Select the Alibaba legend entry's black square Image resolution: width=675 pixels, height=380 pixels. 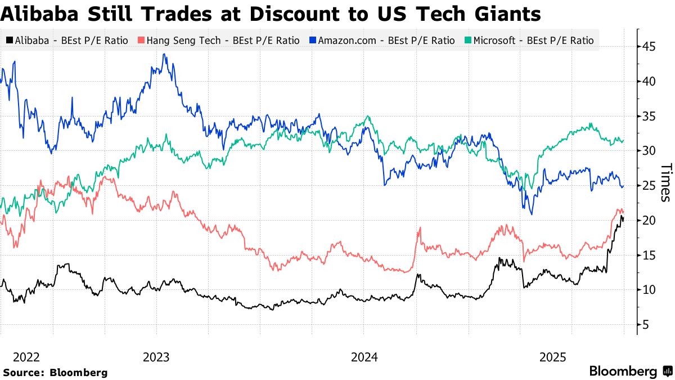tap(9, 41)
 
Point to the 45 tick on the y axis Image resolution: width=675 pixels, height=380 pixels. tap(650, 47)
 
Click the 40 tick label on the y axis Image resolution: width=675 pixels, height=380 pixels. tap(650, 82)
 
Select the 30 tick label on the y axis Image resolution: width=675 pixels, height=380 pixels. tap(650, 151)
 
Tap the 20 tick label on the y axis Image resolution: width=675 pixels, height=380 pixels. tap(650, 221)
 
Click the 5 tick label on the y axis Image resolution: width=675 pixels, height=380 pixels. tap(647, 325)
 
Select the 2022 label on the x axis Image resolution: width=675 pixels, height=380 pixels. tap(26, 357)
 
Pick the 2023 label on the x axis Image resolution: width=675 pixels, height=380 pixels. tap(156, 357)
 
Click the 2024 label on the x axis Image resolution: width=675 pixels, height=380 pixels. tap(364, 357)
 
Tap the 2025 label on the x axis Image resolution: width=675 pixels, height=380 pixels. tap(552, 357)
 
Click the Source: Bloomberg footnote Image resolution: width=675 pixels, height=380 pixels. tap(55, 372)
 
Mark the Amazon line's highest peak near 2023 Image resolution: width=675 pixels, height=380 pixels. tap(164, 55)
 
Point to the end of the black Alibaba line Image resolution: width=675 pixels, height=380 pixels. tap(623, 220)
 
